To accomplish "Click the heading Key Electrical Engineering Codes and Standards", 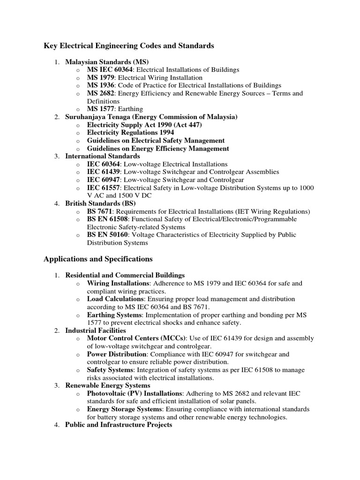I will click(x=128, y=46).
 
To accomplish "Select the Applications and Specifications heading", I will click(x=98, y=259).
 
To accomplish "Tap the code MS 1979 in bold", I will click(x=101, y=78).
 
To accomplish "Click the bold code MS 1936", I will click(x=101, y=86).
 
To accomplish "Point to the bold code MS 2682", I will click(x=101, y=94).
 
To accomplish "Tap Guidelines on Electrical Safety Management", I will click(x=156, y=141).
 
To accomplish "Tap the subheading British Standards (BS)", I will click(x=100, y=204).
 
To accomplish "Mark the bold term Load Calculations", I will click(x=115, y=299).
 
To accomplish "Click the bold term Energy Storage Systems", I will click(x=124, y=409).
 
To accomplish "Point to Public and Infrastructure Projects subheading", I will click(x=119, y=425).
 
